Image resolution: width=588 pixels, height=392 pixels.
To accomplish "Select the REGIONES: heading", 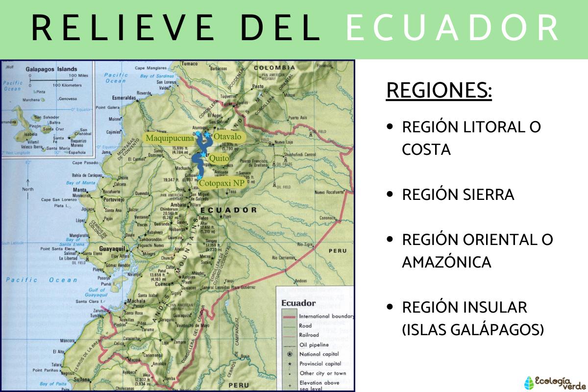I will [x=439, y=91].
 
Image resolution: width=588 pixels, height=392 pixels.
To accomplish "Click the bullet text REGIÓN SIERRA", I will [x=458, y=195].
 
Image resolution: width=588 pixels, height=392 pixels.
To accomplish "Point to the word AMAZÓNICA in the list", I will [x=446, y=262].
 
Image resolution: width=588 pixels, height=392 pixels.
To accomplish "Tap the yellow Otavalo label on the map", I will [x=227, y=137].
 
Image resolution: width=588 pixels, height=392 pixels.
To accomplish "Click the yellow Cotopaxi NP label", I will [x=222, y=183].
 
